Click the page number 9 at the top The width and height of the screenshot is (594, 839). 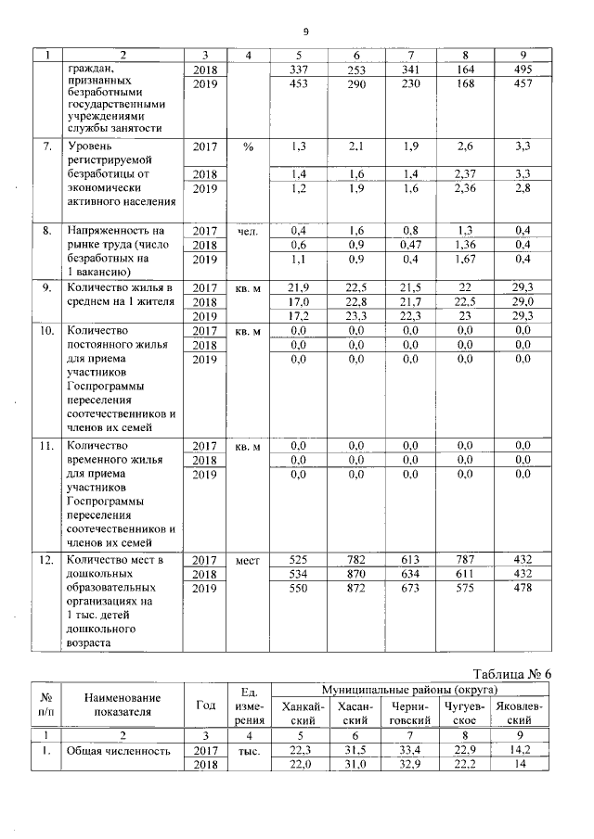pyautogui.click(x=305, y=32)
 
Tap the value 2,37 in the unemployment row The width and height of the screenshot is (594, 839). pyautogui.click(x=467, y=173)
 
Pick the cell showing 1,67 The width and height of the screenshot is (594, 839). pyautogui.click(x=467, y=261)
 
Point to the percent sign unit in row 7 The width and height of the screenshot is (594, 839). pyautogui.click(x=247, y=146)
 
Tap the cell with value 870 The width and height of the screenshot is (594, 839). pyautogui.click(x=356, y=574)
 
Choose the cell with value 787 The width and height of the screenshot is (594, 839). pyautogui.click(x=467, y=560)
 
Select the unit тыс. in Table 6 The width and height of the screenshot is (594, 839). pyautogui.click(x=247, y=751)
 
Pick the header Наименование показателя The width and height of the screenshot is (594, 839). pyautogui.click(x=122, y=705)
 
